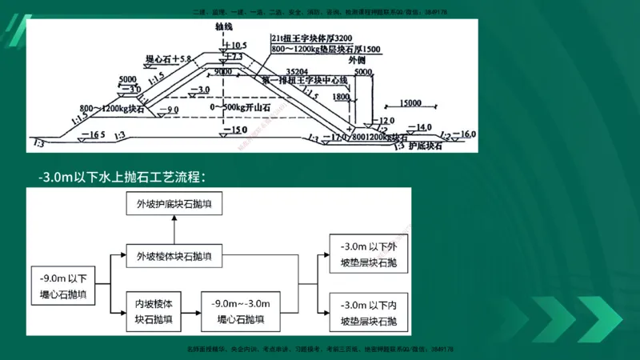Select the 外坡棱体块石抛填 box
coord(174,257)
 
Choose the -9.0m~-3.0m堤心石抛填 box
coord(241,310)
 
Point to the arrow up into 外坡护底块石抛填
coord(174,231)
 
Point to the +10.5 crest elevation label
coord(238,45)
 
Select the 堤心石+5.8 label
coord(169,59)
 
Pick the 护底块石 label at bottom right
coord(426,147)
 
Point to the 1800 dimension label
coord(340,97)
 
